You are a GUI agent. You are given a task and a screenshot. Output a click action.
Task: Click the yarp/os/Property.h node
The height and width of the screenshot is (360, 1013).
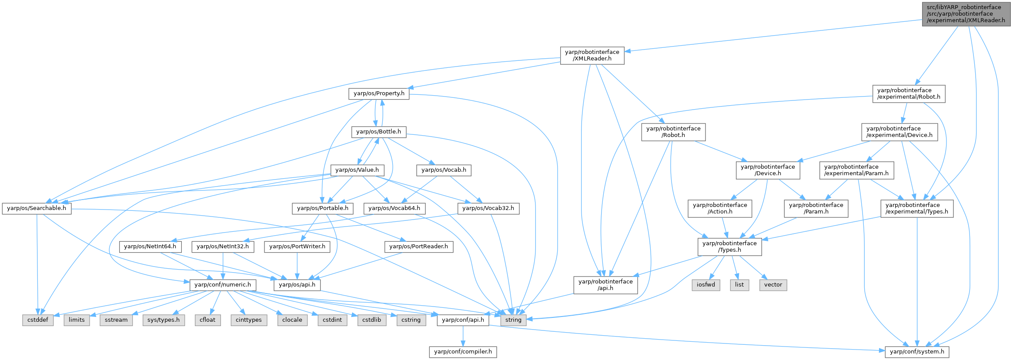[x=379, y=93]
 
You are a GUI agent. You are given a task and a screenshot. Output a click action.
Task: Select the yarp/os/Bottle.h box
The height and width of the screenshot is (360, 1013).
[x=378, y=132]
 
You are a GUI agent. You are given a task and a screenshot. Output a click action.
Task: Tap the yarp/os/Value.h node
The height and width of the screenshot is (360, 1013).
[x=357, y=170]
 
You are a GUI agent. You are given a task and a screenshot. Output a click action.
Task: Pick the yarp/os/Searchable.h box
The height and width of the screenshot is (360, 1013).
[x=37, y=208]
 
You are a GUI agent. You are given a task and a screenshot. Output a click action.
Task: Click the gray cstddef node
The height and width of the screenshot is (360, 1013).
[x=38, y=320]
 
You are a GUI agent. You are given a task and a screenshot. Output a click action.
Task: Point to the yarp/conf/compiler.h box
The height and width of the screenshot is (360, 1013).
[x=463, y=352]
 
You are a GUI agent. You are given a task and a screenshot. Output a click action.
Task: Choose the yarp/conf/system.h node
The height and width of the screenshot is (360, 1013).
[x=917, y=352]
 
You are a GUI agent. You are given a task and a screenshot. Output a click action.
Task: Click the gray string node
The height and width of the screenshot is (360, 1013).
[x=513, y=320]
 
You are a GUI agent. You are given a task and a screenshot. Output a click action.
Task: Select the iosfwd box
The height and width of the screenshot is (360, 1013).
[x=706, y=285]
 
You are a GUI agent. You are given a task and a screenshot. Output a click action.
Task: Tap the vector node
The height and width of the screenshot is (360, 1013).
[x=773, y=285]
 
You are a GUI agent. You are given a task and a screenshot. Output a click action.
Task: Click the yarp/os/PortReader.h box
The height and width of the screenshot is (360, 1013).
[x=418, y=247]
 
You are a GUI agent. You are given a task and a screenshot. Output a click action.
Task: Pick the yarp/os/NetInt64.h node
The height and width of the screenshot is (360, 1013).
[x=150, y=247]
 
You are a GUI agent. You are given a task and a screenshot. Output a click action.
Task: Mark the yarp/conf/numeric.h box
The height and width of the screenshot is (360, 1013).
[x=223, y=285]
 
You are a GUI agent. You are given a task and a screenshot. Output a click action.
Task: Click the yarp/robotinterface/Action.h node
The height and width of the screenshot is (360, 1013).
[x=720, y=208]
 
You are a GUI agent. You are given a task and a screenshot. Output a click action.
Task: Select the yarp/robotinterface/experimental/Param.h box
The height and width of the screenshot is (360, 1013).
[x=856, y=170]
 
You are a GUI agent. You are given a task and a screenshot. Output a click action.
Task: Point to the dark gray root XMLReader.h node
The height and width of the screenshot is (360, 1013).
[x=966, y=14]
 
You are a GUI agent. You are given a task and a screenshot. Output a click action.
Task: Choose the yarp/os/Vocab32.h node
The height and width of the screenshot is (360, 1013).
[x=488, y=208]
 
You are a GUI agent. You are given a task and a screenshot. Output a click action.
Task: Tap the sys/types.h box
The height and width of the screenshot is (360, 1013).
[x=164, y=320]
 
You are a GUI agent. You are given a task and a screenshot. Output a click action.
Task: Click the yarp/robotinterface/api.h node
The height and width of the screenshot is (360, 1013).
[x=605, y=285]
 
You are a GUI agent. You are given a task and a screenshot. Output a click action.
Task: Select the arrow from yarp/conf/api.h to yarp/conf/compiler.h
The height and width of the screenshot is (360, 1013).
[x=463, y=336]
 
